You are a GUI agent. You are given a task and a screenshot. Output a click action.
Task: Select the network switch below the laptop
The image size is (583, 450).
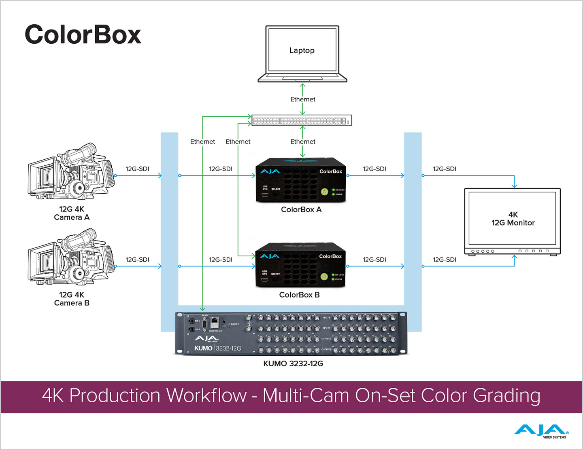click(302, 120)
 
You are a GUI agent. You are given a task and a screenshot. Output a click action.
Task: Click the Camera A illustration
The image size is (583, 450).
click(71, 171)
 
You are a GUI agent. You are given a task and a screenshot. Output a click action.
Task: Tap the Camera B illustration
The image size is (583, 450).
click(71, 257)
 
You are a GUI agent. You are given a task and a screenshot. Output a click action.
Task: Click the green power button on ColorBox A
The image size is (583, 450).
click(324, 192)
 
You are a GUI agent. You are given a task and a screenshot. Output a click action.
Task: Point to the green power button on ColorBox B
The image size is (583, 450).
click(324, 277)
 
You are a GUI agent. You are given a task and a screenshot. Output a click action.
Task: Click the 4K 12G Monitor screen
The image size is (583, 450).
click(513, 219)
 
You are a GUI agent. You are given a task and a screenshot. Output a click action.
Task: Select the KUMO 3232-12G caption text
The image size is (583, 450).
click(293, 363)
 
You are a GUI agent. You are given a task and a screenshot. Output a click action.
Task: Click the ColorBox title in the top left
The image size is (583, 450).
click(83, 34)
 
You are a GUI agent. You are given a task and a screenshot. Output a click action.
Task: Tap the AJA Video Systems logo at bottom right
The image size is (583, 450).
click(541, 431)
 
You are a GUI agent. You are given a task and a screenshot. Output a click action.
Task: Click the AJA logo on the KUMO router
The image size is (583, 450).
click(206, 338)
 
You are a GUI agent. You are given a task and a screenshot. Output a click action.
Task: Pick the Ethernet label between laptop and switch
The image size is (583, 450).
click(303, 99)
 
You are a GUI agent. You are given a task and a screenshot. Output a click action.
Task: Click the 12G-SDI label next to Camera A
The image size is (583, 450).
click(137, 169)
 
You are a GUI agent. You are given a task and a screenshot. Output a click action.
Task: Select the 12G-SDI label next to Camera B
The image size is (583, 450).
click(137, 260)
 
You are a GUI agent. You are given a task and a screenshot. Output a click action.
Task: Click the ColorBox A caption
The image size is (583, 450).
click(301, 209)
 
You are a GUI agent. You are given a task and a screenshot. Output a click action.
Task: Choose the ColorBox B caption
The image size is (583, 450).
click(299, 295)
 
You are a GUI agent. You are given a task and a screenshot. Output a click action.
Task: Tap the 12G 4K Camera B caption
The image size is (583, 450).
click(72, 299)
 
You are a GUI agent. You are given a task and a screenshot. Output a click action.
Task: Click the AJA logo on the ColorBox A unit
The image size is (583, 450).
click(270, 171)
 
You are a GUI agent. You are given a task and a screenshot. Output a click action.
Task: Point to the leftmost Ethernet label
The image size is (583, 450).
click(202, 142)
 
